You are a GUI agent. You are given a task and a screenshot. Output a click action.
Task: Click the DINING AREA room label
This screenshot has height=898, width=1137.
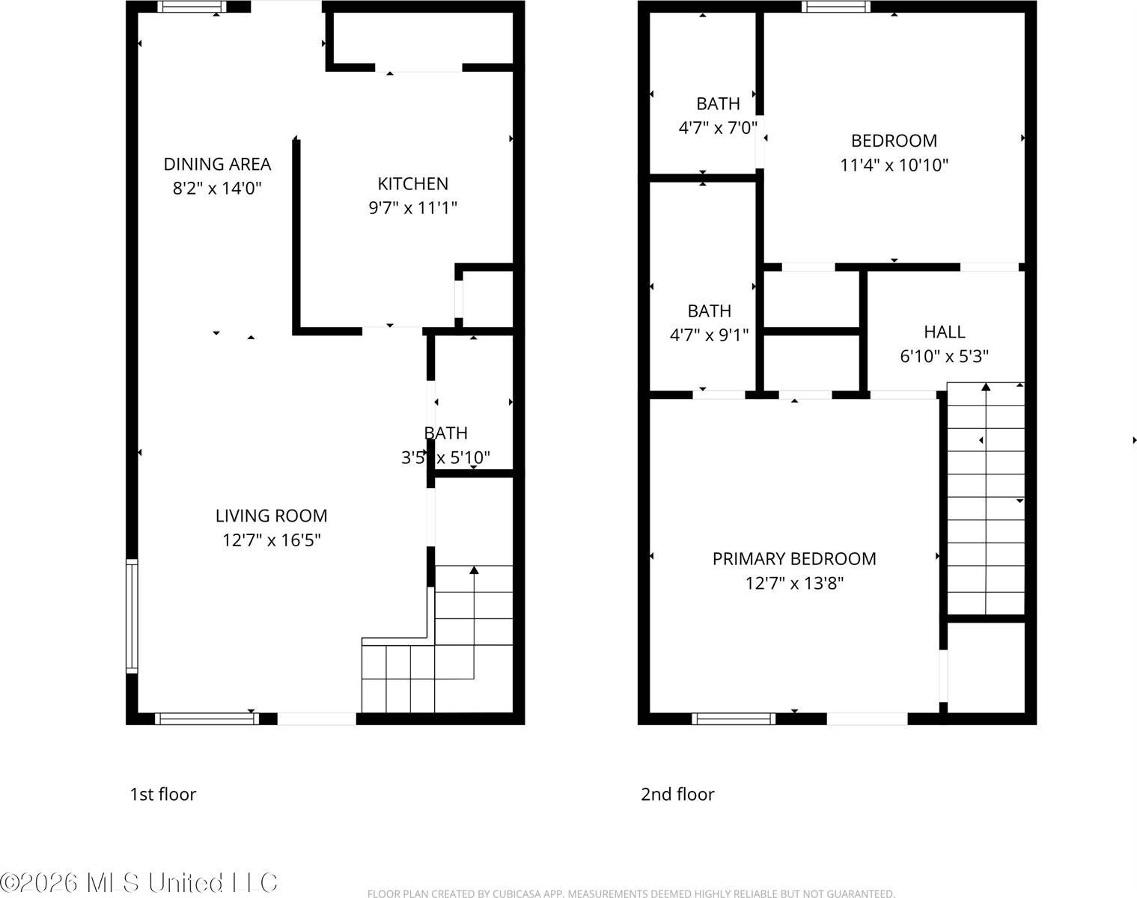(217, 164)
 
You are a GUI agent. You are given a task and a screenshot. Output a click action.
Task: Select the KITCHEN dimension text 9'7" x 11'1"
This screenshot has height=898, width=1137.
(412, 208)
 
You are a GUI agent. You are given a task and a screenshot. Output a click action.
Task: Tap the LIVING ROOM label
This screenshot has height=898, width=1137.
(271, 516)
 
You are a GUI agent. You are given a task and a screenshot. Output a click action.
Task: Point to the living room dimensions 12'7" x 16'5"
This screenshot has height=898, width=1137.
(271, 540)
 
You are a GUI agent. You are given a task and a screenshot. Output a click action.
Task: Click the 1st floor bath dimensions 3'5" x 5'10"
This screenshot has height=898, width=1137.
(446, 458)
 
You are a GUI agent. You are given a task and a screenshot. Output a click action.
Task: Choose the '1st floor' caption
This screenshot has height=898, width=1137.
(162, 794)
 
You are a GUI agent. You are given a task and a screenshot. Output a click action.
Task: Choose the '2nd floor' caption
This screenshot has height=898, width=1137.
(677, 794)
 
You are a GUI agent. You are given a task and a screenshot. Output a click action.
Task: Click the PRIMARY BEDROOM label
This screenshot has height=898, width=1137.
(794, 559)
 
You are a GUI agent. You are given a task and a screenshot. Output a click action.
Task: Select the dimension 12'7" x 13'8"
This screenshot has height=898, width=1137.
(794, 583)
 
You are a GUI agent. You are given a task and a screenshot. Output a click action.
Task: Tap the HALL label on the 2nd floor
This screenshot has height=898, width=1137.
(944, 332)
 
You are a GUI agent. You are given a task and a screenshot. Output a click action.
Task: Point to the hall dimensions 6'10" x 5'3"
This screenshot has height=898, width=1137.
(944, 356)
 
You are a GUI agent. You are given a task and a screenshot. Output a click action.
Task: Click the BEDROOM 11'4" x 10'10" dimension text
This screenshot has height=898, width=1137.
(894, 165)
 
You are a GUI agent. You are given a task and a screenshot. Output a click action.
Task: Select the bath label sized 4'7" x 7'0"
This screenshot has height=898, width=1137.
(718, 104)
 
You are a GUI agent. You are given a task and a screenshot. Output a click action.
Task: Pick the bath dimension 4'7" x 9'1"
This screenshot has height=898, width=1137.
(709, 335)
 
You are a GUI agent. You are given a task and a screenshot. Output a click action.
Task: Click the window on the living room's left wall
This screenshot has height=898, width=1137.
(132, 616)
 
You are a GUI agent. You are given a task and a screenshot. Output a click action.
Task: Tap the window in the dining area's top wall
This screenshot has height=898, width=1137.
(191, 7)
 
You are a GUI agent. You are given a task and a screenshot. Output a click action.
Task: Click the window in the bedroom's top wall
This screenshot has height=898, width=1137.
(835, 7)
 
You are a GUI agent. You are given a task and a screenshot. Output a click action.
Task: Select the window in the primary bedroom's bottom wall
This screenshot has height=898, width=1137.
(733, 719)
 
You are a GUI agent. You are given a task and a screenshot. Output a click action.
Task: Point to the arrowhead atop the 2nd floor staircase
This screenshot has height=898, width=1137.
(986, 387)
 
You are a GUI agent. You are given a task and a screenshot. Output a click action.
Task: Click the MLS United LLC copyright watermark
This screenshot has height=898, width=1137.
(139, 883)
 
